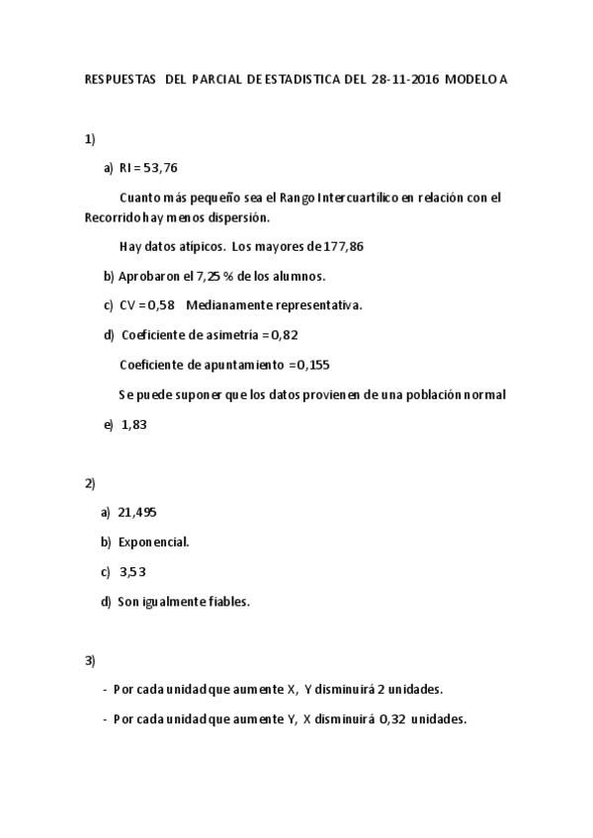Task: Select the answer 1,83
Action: pyautogui.click(x=134, y=425)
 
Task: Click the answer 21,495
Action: pyautogui.click(x=137, y=512)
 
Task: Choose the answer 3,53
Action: pyautogui.click(x=132, y=571)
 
